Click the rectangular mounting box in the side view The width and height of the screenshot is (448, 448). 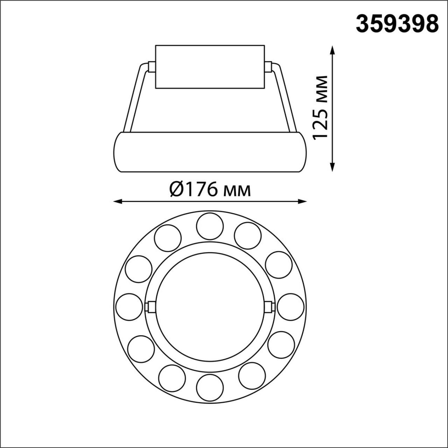coord(210,66)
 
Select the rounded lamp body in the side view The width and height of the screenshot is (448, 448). coord(210,152)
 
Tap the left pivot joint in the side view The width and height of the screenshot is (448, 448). coord(151,67)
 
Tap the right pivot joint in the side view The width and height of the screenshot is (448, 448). coord(268,67)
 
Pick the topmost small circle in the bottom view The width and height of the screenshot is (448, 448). coord(210,226)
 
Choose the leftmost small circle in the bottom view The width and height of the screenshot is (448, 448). coord(129,307)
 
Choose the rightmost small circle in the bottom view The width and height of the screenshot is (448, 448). coord(290,307)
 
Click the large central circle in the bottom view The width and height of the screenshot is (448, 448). coord(210,307)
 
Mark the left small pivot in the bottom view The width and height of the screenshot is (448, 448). coord(151,307)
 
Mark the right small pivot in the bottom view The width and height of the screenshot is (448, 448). coord(268,307)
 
